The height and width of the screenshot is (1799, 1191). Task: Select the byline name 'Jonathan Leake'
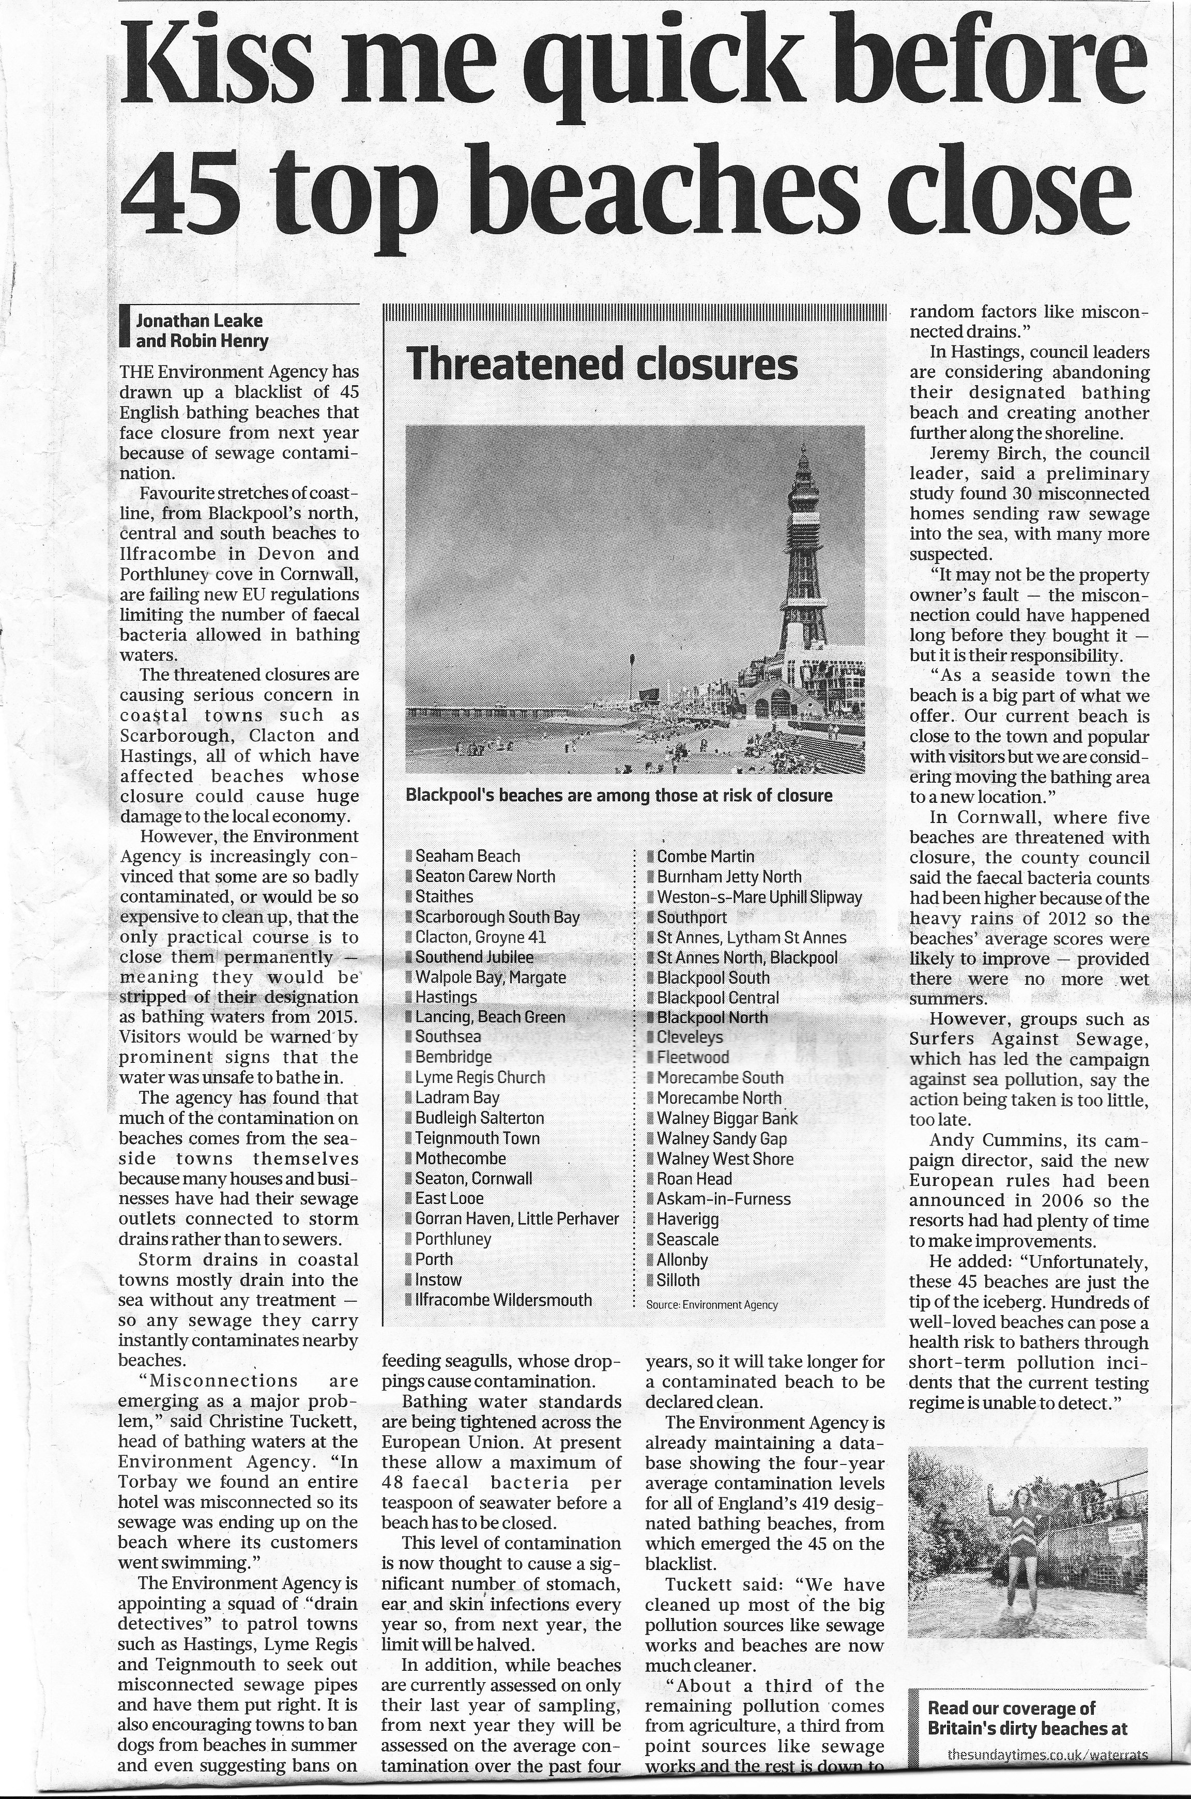pos(199,321)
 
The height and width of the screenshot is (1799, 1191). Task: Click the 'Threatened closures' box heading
pos(602,364)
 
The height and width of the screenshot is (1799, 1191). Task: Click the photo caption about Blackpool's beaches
pos(619,795)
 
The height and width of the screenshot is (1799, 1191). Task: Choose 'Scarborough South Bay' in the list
pos(497,917)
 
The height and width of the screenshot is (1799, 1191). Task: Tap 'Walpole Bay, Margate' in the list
pos(490,978)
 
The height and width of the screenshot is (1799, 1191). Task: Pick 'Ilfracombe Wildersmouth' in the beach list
pos(503,1299)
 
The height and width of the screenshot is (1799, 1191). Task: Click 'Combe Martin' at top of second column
pos(706,857)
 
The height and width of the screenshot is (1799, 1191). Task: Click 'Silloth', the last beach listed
pos(678,1279)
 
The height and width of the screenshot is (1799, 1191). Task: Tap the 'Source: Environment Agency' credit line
pos(712,1305)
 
